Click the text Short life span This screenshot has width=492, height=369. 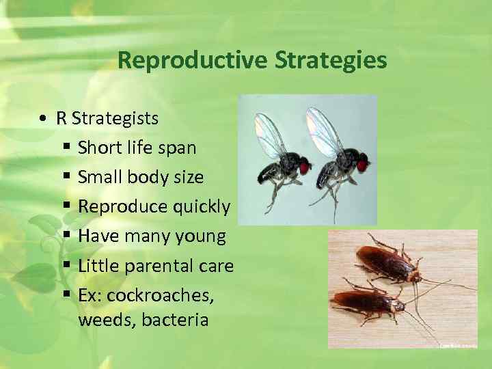[x=137, y=148]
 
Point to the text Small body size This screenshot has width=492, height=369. [x=141, y=177]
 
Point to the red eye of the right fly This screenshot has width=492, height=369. [x=362, y=162]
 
